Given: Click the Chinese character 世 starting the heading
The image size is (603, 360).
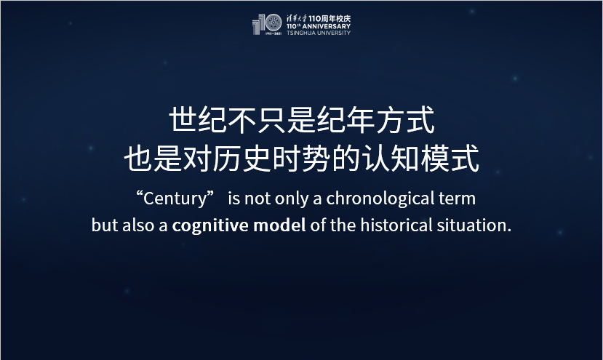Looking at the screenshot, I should [x=183, y=121].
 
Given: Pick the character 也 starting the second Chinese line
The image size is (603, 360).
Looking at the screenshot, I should [x=137, y=159].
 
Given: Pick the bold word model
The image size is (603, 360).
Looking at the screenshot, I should [x=279, y=225].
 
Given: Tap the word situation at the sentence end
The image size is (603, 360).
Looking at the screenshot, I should [x=476, y=225].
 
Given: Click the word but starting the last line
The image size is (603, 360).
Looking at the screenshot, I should [x=104, y=225].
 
